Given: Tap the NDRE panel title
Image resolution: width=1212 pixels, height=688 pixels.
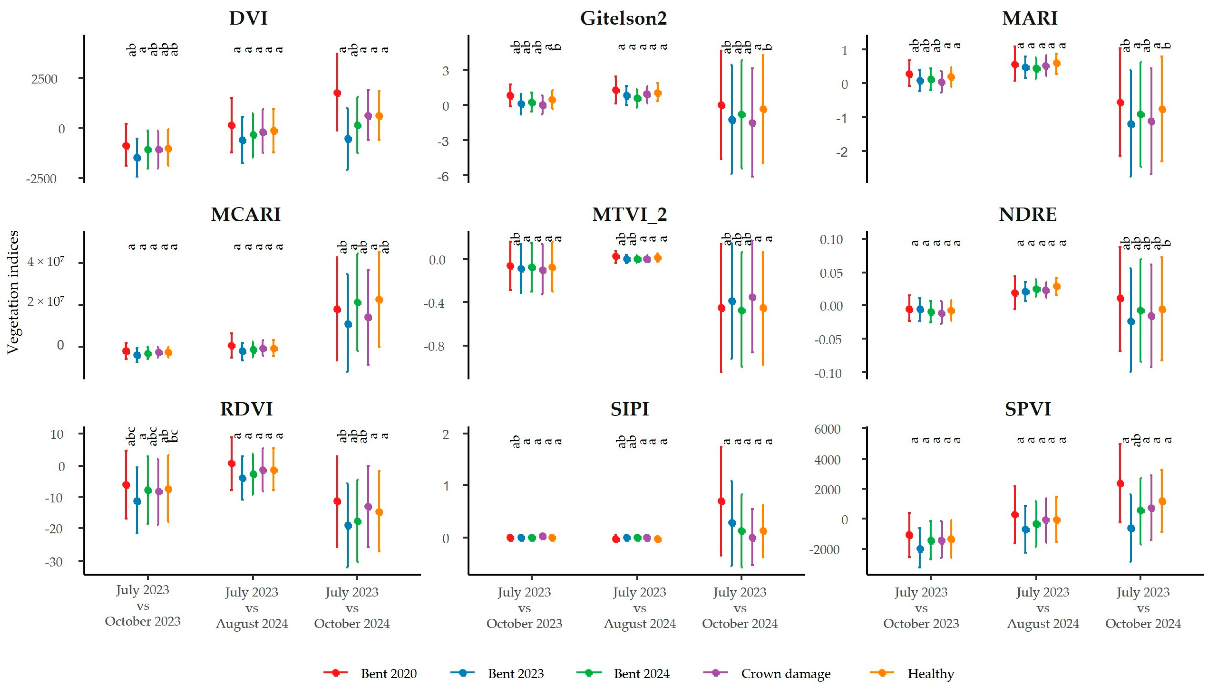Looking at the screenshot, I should click(1028, 215).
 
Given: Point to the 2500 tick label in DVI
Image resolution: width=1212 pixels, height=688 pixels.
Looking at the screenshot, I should click(44, 79).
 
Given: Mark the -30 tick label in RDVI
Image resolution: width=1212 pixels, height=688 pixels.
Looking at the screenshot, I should click(54, 562).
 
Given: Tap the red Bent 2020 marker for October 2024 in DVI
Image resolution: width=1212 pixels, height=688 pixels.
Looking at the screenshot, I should click(337, 93).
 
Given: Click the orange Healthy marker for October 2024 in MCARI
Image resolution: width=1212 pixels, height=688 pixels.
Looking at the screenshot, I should click(379, 300).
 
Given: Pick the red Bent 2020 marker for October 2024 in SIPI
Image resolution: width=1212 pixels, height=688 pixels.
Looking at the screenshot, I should click(721, 501).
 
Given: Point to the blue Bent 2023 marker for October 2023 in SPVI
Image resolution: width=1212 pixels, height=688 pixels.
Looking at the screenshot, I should click(920, 549).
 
